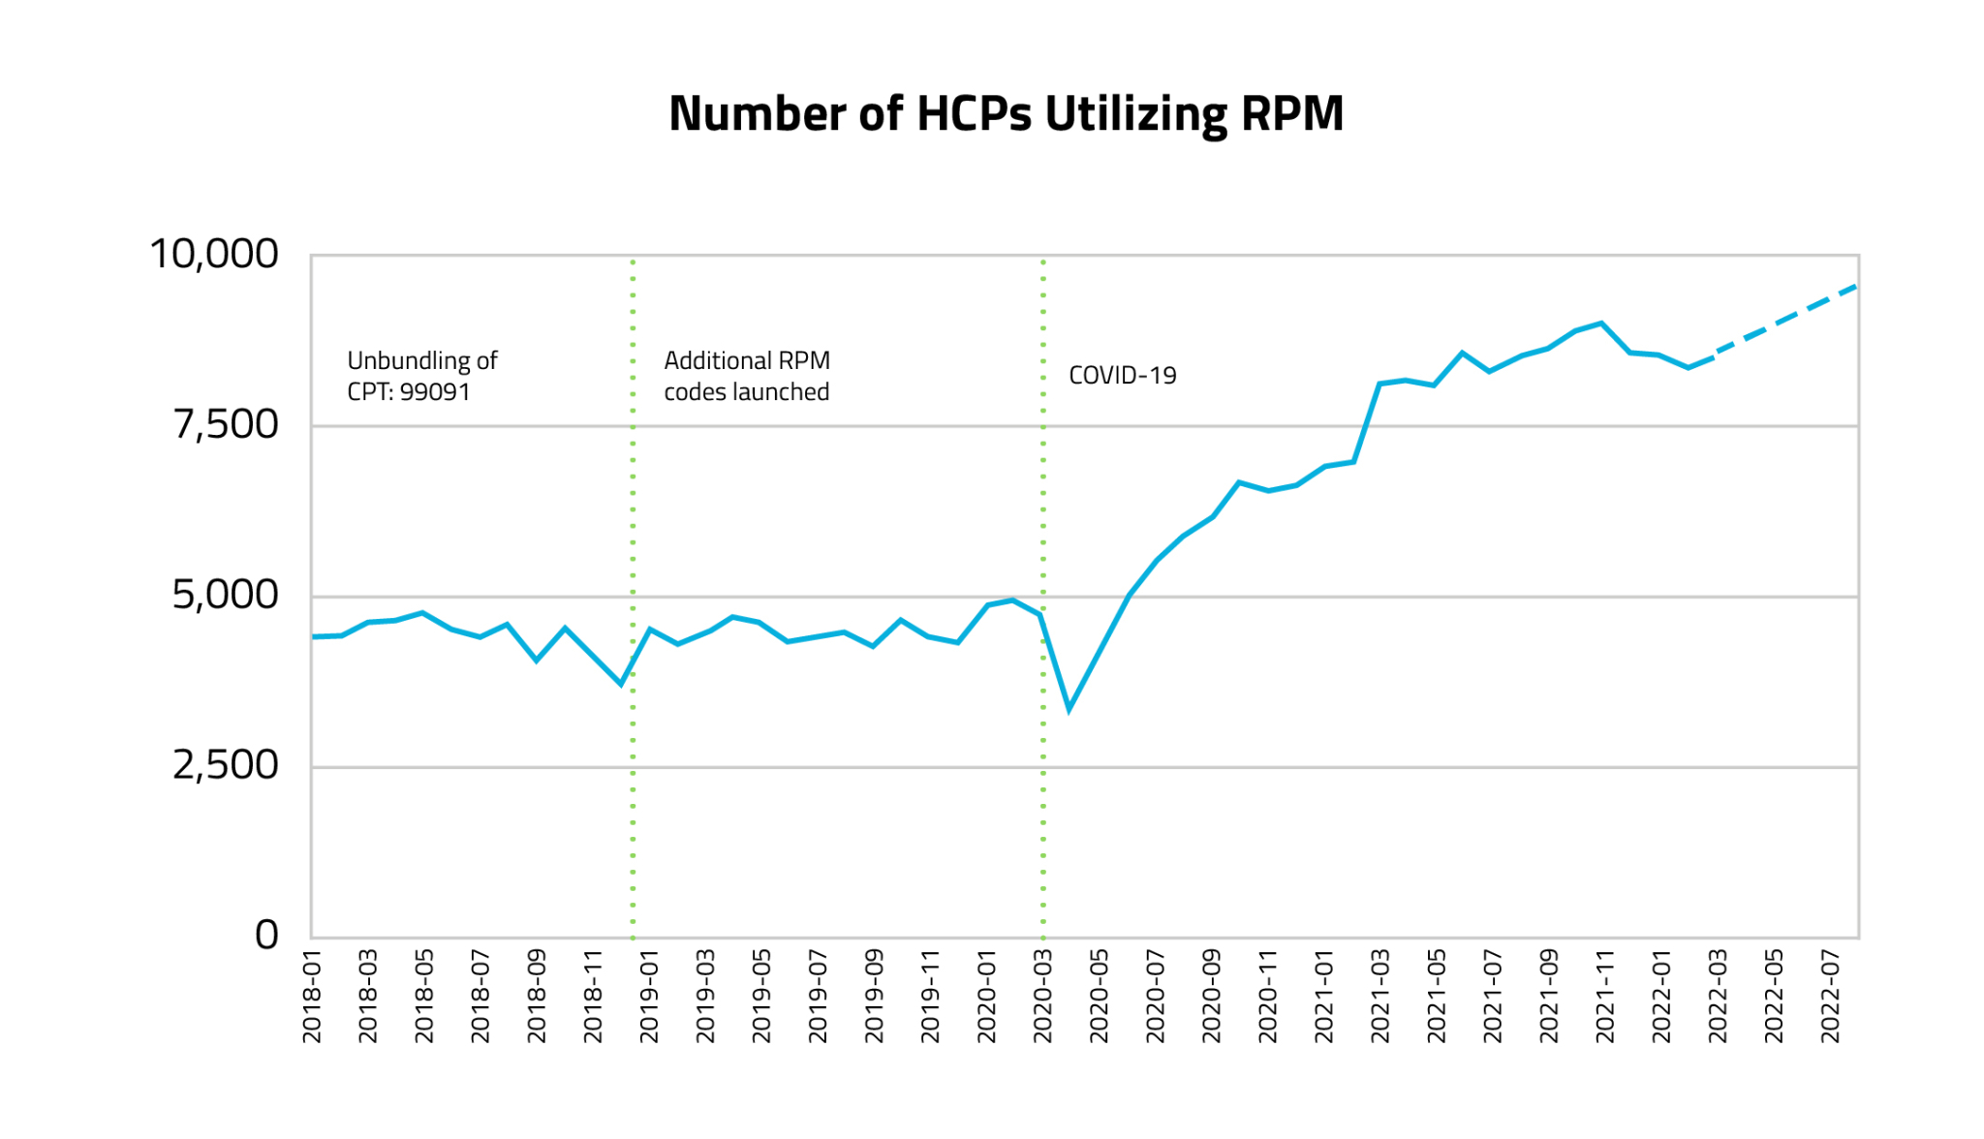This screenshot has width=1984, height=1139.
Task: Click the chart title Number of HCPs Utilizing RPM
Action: click(1006, 114)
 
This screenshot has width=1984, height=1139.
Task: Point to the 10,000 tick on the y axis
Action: click(214, 255)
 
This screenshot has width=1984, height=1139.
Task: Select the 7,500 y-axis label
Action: click(226, 425)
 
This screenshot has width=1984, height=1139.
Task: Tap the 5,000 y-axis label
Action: click(225, 595)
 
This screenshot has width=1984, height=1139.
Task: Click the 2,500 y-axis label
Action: click(225, 765)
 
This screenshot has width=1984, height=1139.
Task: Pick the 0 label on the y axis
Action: click(266, 936)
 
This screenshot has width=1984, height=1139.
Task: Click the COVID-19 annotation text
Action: click(1122, 376)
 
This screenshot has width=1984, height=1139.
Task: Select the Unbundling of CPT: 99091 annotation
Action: click(421, 376)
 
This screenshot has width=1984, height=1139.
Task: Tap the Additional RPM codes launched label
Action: click(746, 376)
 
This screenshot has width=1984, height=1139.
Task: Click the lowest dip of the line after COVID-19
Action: click(1069, 710)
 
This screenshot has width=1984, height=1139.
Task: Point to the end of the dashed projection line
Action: click(1854, 286)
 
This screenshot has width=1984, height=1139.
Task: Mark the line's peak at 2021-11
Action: click(1601, 323)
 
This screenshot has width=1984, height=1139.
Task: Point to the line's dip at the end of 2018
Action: click(621, 685)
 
